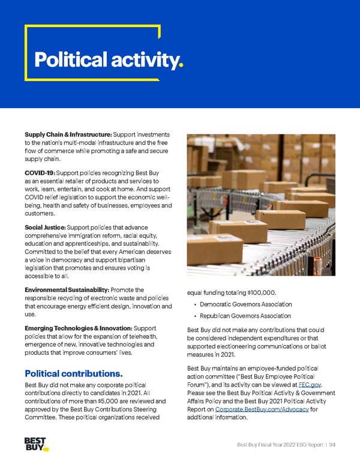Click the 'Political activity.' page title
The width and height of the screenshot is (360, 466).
109,59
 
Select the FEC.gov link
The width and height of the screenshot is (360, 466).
309,384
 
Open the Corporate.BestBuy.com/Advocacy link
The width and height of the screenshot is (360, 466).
262,409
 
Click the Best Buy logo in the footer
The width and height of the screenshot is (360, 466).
35,444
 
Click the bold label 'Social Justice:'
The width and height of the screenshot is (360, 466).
45,228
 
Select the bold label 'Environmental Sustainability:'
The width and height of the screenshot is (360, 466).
67,290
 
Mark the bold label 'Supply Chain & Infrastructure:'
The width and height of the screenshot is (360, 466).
68,134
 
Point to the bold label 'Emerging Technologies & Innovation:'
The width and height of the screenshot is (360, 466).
78,328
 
